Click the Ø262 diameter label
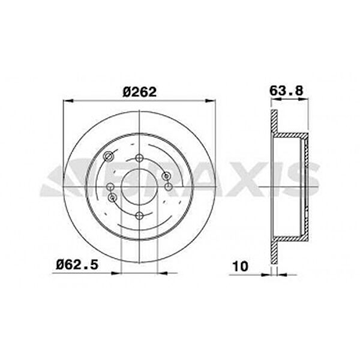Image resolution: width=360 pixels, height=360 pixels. coord(140,92)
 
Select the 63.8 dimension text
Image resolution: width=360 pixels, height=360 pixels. coord(286,91)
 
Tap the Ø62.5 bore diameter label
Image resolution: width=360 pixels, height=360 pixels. coord(77,265)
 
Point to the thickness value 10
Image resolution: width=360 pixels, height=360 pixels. coord(241,266)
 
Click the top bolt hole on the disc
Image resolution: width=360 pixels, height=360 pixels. coord(139,158)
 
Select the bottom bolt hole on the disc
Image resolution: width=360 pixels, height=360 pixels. coord(139,215)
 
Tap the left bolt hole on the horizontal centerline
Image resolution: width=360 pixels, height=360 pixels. coord(110,187)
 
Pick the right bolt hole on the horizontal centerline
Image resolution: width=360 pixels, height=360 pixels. coord(168,187)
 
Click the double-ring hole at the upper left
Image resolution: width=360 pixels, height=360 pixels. coord(109,157)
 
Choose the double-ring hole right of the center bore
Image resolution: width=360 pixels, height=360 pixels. coord(166,176)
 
